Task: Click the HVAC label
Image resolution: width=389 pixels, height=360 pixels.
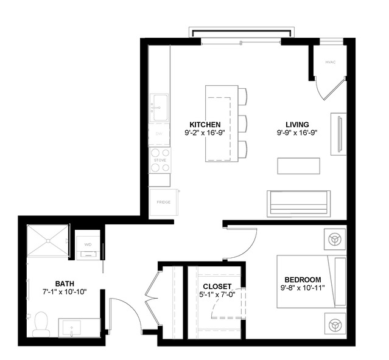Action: pyautogui.click(x=331, y=62)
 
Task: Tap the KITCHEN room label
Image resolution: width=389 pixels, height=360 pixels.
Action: pyautogui.click(x=205, y=123)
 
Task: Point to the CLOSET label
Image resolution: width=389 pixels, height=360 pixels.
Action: pyautogui.click(x=217, y=286)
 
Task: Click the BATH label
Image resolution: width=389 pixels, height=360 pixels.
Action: pyautogui.click(x=65, y=283)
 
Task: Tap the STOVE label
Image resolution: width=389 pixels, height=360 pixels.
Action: pyautogui.click(x=160, y=160)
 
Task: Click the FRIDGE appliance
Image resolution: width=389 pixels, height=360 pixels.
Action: pyautogui.click(x=163, y=202)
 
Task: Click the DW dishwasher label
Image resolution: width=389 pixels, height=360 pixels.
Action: pyautogui.click(x=159, y=134)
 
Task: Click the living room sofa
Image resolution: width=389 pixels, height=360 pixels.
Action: pyautogui.click(x=298, y=202)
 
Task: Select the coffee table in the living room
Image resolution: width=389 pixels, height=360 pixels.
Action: pyautogui.click(x=298, y=166)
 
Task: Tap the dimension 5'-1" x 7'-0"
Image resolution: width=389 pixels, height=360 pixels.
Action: pyautogui.click(x=217, y=294)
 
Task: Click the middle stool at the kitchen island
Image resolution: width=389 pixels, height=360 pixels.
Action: pyautogui.click(x=242, y=123)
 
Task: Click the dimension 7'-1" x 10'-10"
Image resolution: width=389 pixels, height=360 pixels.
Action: pyautogui.click(x=65, y=292)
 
